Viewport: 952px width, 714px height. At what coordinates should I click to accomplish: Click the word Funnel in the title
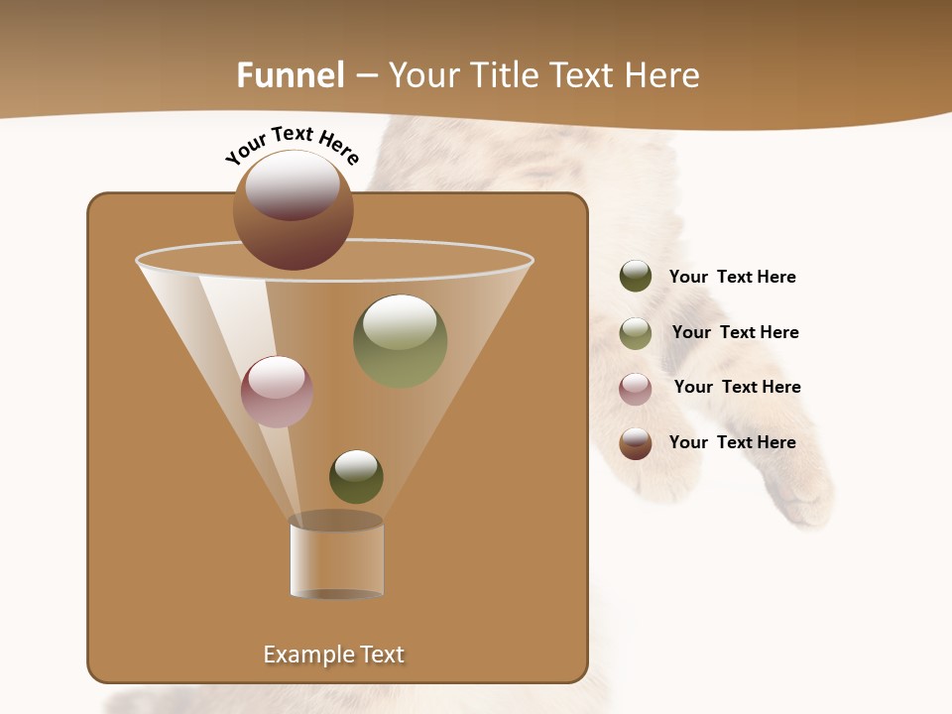(290, 75)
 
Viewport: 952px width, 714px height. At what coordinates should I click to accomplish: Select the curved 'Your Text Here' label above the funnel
(293, 145)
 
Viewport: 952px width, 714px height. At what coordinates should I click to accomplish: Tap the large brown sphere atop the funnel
(293, 209)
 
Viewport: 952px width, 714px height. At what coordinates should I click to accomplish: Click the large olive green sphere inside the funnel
(400, 340)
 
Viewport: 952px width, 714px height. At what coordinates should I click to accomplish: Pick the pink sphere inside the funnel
(277, 391)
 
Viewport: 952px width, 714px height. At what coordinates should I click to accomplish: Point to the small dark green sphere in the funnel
(356, 476)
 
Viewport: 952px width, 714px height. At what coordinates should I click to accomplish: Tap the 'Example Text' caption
(333, 654)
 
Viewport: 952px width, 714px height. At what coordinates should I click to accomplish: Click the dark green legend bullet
(636, 277)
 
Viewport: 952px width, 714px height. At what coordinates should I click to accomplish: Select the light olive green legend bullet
(636, 332)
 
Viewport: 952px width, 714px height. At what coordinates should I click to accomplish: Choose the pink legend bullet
(636, 388)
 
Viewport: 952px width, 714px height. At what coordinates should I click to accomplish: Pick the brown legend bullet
(636, 442)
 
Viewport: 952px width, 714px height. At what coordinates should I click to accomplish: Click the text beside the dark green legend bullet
(732, 277)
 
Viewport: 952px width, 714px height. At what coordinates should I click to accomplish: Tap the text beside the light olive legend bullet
(735, 332)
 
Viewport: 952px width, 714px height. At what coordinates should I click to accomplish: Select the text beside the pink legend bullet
(737, 387)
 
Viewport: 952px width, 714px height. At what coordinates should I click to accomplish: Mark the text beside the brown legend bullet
(732, 442)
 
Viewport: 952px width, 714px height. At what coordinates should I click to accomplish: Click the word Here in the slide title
(662, 75)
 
